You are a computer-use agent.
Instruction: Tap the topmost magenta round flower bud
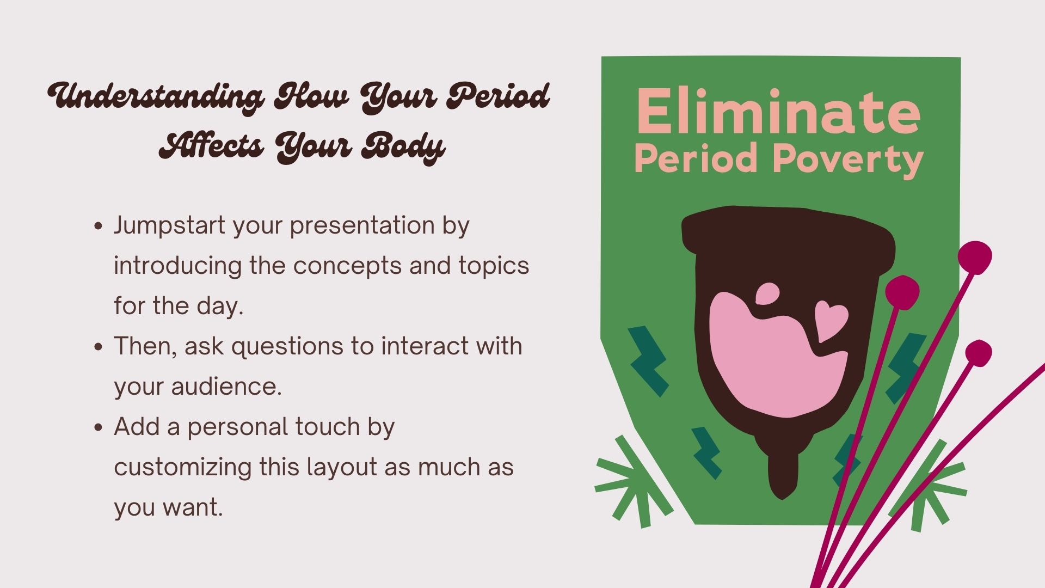975,256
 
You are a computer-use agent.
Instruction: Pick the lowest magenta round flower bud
979,353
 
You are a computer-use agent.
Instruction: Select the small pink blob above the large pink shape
767,294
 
